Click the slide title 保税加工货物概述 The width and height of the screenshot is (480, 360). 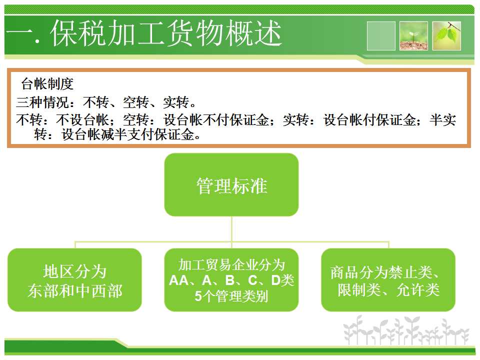pyautogui.click(x=166, y=33)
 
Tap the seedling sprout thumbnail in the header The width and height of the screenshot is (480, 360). pyautogui.click(x=413, y=36)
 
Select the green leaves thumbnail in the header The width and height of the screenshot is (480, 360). pyautogui.click(x=446, y=36)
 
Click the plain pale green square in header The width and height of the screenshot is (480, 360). pyautogui.click(x=381, y=36)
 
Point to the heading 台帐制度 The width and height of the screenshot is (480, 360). pyautogui.click(x=47, y=84)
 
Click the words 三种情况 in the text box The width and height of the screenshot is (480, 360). pyautogui.click(x=42, y=102)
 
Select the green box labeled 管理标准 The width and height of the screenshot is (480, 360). pyautogui.click(x=231, y=184)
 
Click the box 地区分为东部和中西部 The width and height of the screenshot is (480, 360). pyautogui.click(x=74, y=280)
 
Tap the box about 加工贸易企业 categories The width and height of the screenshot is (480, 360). pyautogui.click(x=231, y=280)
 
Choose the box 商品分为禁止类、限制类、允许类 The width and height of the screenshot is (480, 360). pyautogui.click(x=388, y=280)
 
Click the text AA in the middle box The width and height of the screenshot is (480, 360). pyautogui.click(x=179, y=280)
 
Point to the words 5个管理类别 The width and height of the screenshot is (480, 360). pyautogui.click(x=231, y=296)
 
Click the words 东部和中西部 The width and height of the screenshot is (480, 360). pyautogui.click(x=75, y=290)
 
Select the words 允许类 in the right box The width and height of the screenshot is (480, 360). pyautogui.click(x=418, y=289)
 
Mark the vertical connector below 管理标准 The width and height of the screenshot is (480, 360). pyautogui.click(x=231, y=229)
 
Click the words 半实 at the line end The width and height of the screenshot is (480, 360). pyautogui.click(x=442, y=119)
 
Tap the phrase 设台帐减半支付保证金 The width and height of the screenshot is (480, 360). pyautogui.click(x=128, y=134)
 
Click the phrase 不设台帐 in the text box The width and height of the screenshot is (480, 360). pyautogui.click(x=82, y=119)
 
